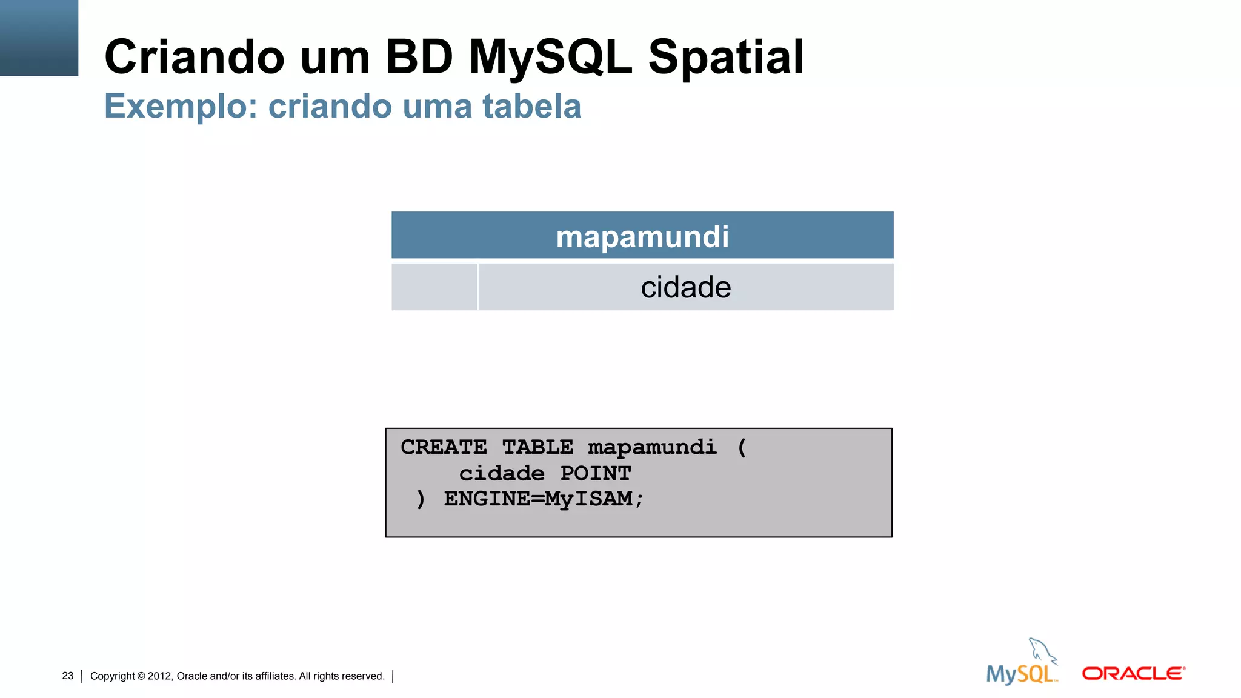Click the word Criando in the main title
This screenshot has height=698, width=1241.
(x=194, y=57)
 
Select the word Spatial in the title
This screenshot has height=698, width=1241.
(x=726, y=57)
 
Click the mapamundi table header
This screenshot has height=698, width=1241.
(x=642, y=236)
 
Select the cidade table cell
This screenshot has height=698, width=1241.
(x=685, y=287)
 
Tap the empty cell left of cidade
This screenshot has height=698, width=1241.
(x=434, y=287)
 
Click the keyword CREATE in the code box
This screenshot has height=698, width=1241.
(x=444, y=447)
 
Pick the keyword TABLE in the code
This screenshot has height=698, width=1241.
(x=537, y=447)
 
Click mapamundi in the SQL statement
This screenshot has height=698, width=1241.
(x=652, y=448)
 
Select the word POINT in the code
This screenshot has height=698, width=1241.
(x=595, y=473)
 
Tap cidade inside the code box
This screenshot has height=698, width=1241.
(x=502, y=473)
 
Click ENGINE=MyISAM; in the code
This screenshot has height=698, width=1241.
(x=544, y=499)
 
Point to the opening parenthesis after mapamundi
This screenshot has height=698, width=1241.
(x=742, y=448)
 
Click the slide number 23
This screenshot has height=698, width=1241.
(x=68, y=676)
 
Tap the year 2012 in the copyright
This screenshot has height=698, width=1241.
(x=160, y=676)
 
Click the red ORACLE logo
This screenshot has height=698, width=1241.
(x=1133, y=674)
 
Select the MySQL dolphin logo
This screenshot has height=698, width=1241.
(x=1023, y=664)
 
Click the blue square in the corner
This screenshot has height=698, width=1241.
(x=39, y=38)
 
